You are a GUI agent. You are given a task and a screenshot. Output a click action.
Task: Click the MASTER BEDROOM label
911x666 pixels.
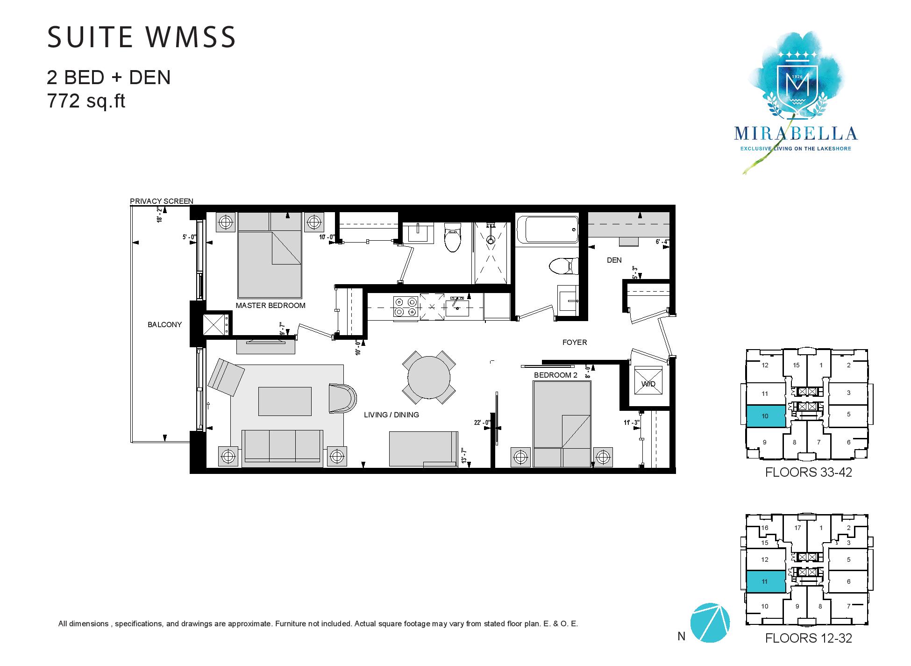click(270, 306)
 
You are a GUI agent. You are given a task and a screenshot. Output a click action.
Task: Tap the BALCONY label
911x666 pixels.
click(164, 324)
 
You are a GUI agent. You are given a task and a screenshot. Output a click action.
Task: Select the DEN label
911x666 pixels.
click(614, 260)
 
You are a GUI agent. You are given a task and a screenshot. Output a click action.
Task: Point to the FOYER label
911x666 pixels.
click(575, 343)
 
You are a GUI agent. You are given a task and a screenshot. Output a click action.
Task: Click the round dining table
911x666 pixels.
click(429, 377)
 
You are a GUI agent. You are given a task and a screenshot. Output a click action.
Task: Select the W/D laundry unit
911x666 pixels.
click(648, 384)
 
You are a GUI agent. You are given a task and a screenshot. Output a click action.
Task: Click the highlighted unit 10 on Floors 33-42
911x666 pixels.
click(765, 416)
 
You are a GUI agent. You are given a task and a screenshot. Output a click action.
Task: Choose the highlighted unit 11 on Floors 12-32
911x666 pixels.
click(765, 581)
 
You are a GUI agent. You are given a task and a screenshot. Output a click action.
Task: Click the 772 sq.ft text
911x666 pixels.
click(86, 101)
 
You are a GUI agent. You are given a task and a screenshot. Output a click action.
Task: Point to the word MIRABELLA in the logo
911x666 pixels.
click(796, 134)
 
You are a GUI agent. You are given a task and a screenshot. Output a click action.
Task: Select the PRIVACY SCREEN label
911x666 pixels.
click(161, 201)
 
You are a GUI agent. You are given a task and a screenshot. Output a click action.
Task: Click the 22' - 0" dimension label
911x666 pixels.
click(482, 423)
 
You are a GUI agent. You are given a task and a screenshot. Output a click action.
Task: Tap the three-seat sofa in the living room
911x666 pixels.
click(282, 448)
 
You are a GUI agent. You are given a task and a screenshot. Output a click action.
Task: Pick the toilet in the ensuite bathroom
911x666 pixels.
click(452, 236)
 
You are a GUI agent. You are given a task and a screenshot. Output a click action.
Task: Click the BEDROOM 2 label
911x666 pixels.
click(556, 375)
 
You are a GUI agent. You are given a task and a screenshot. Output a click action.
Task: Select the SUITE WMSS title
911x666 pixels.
click(142, 37)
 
